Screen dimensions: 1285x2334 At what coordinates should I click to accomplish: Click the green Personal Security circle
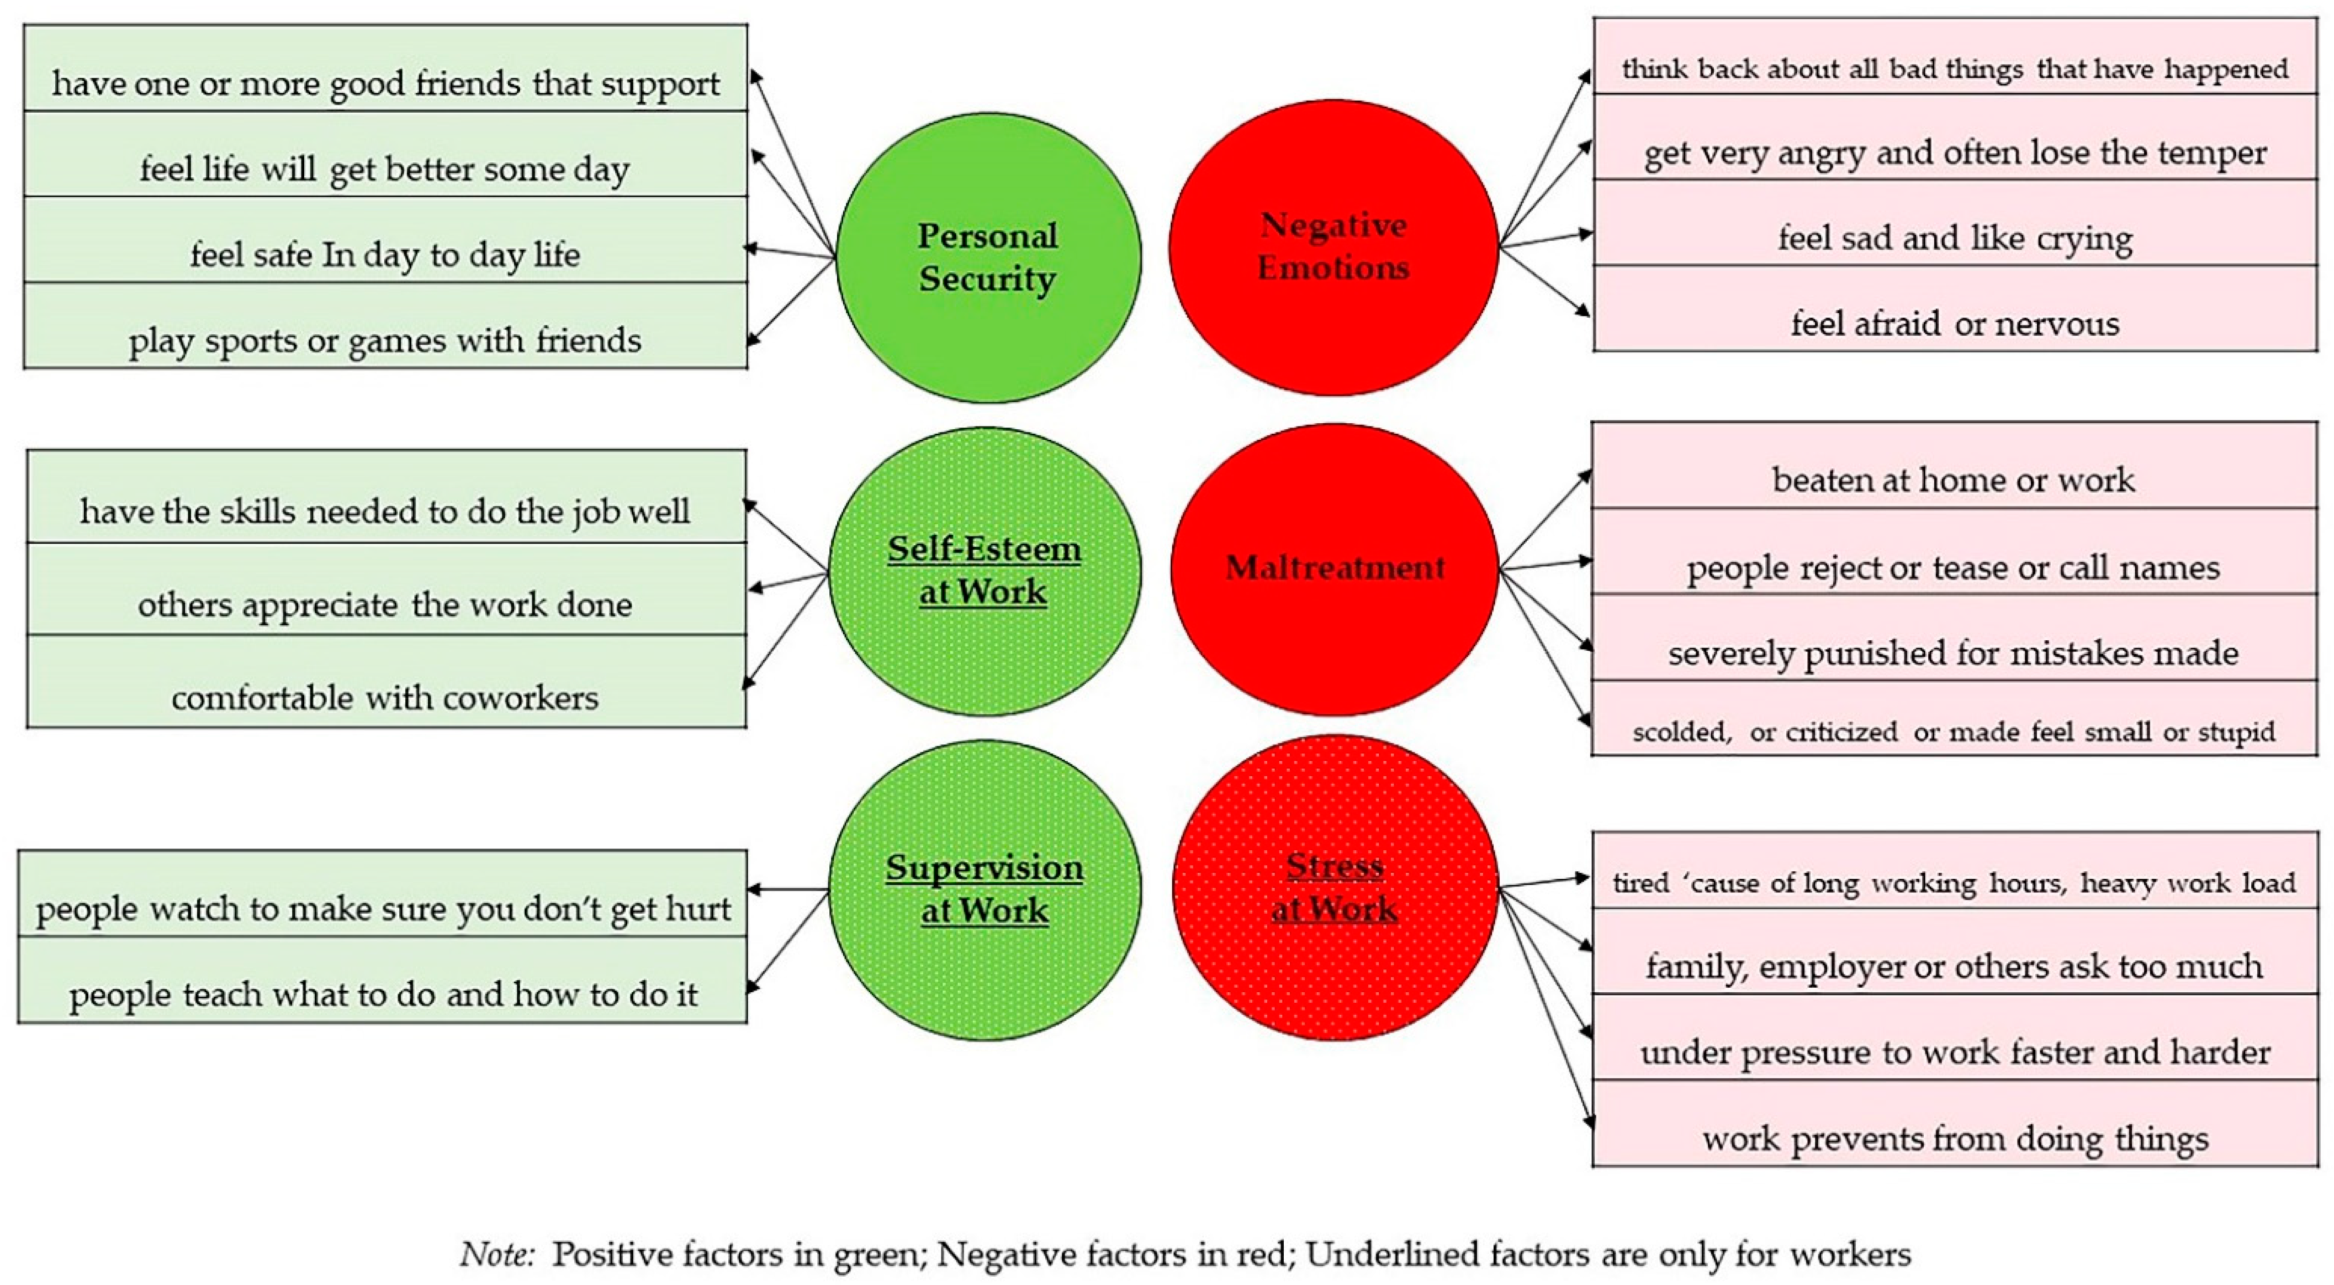click(988, 257)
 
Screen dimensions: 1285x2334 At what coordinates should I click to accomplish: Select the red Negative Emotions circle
click(1333, 246)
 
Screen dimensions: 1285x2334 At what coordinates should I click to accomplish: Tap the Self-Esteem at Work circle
click(985, 571)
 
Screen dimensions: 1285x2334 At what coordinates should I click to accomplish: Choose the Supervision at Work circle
click(985, 889)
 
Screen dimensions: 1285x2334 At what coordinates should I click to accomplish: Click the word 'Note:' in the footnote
click(500, 1255)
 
